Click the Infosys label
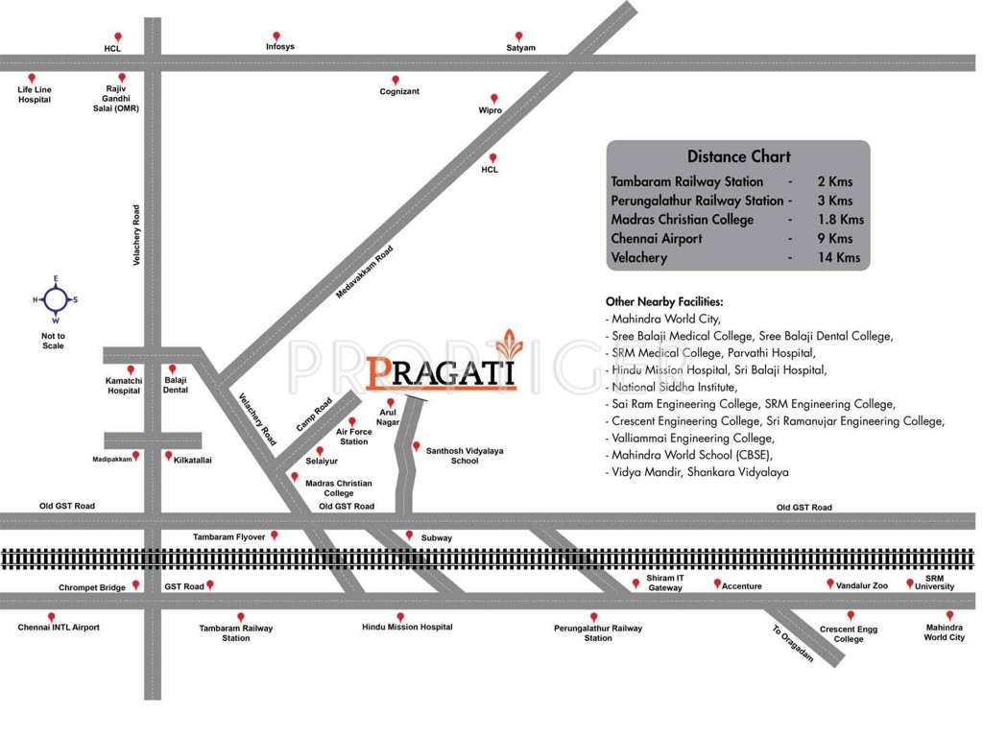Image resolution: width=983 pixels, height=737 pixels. click(x=280, y=47)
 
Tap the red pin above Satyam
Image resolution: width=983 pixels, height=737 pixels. click(x=519, y=36)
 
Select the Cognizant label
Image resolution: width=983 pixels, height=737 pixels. click(x=399, y=91)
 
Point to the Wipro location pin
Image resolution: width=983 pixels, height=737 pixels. click(x=495, y=98)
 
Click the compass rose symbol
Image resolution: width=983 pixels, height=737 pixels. click(x=55, y=299)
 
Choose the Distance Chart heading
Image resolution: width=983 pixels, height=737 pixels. click(x=738, y=156)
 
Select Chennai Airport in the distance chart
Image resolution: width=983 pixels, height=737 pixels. click(x=656, y=239)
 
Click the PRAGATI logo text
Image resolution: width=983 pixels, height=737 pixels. click(x=442, y=372)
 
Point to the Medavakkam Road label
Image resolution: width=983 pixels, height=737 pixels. click(x=365, y=273)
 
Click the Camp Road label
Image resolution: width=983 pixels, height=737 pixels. click(x=314, y=415)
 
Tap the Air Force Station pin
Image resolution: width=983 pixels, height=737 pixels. click(x=352, y=421)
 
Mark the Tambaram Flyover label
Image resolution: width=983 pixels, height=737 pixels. click(x=228, y=537)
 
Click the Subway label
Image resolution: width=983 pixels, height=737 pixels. click(x=437, y=538)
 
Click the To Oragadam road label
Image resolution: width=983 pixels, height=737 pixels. click(x=793, y=644)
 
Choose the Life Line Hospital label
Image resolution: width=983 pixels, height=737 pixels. click(x=35, y=95)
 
